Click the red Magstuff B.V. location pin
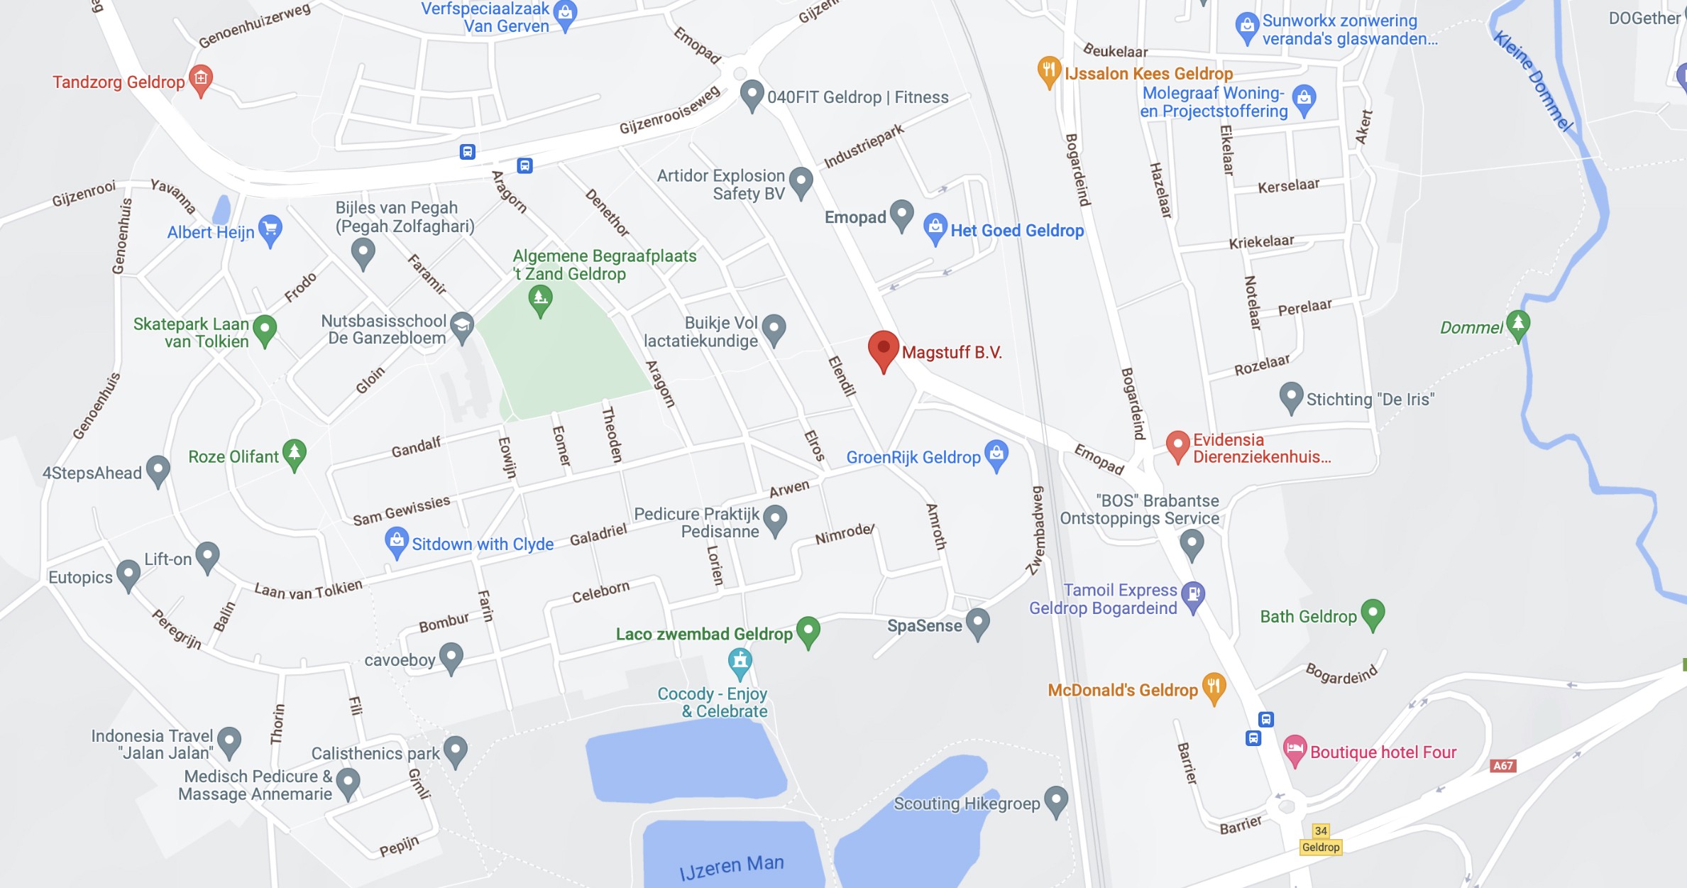884,349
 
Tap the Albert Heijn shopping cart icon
270,229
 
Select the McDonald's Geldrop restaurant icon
1214,687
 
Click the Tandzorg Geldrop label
119,82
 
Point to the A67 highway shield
1502,766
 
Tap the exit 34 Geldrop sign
1320,840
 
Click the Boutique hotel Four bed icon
1295,749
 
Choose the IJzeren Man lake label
731,867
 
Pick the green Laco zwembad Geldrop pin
808,630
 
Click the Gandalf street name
416,447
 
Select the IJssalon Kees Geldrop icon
1048,70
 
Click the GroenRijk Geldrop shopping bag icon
996,454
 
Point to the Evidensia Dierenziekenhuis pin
1177,445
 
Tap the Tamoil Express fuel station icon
1193,595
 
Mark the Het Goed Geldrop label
1016,231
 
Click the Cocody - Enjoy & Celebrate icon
740,662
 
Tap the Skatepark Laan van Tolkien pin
265,329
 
